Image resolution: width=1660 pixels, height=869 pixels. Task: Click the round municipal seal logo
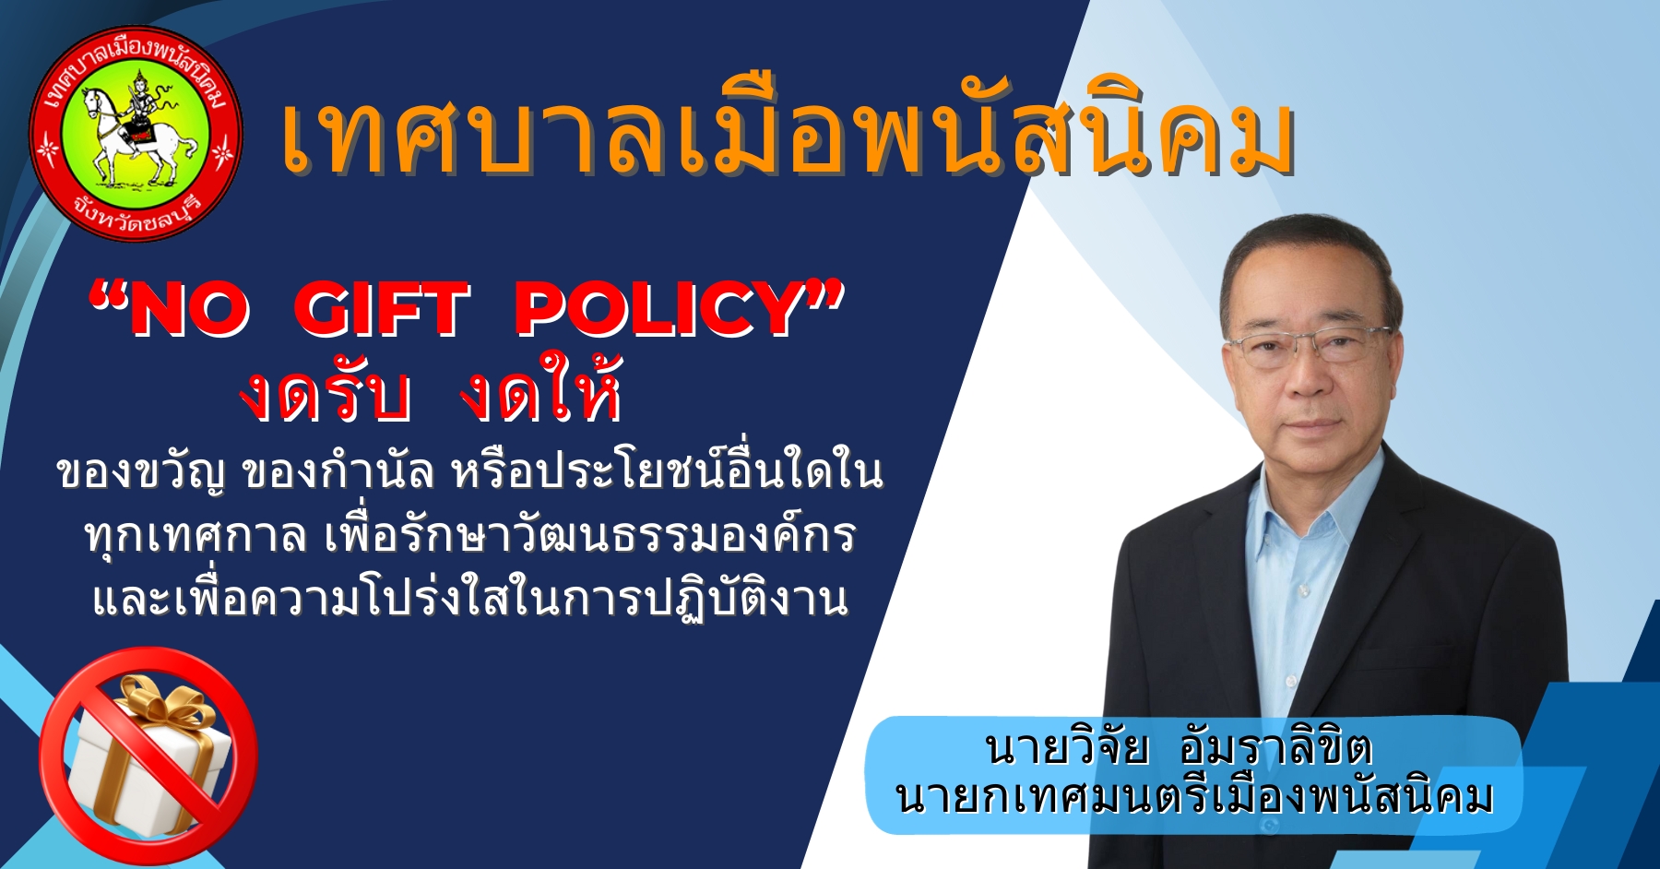[x=136, y=135]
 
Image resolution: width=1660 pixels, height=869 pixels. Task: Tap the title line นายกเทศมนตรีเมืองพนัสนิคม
[x=1193, y=796]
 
